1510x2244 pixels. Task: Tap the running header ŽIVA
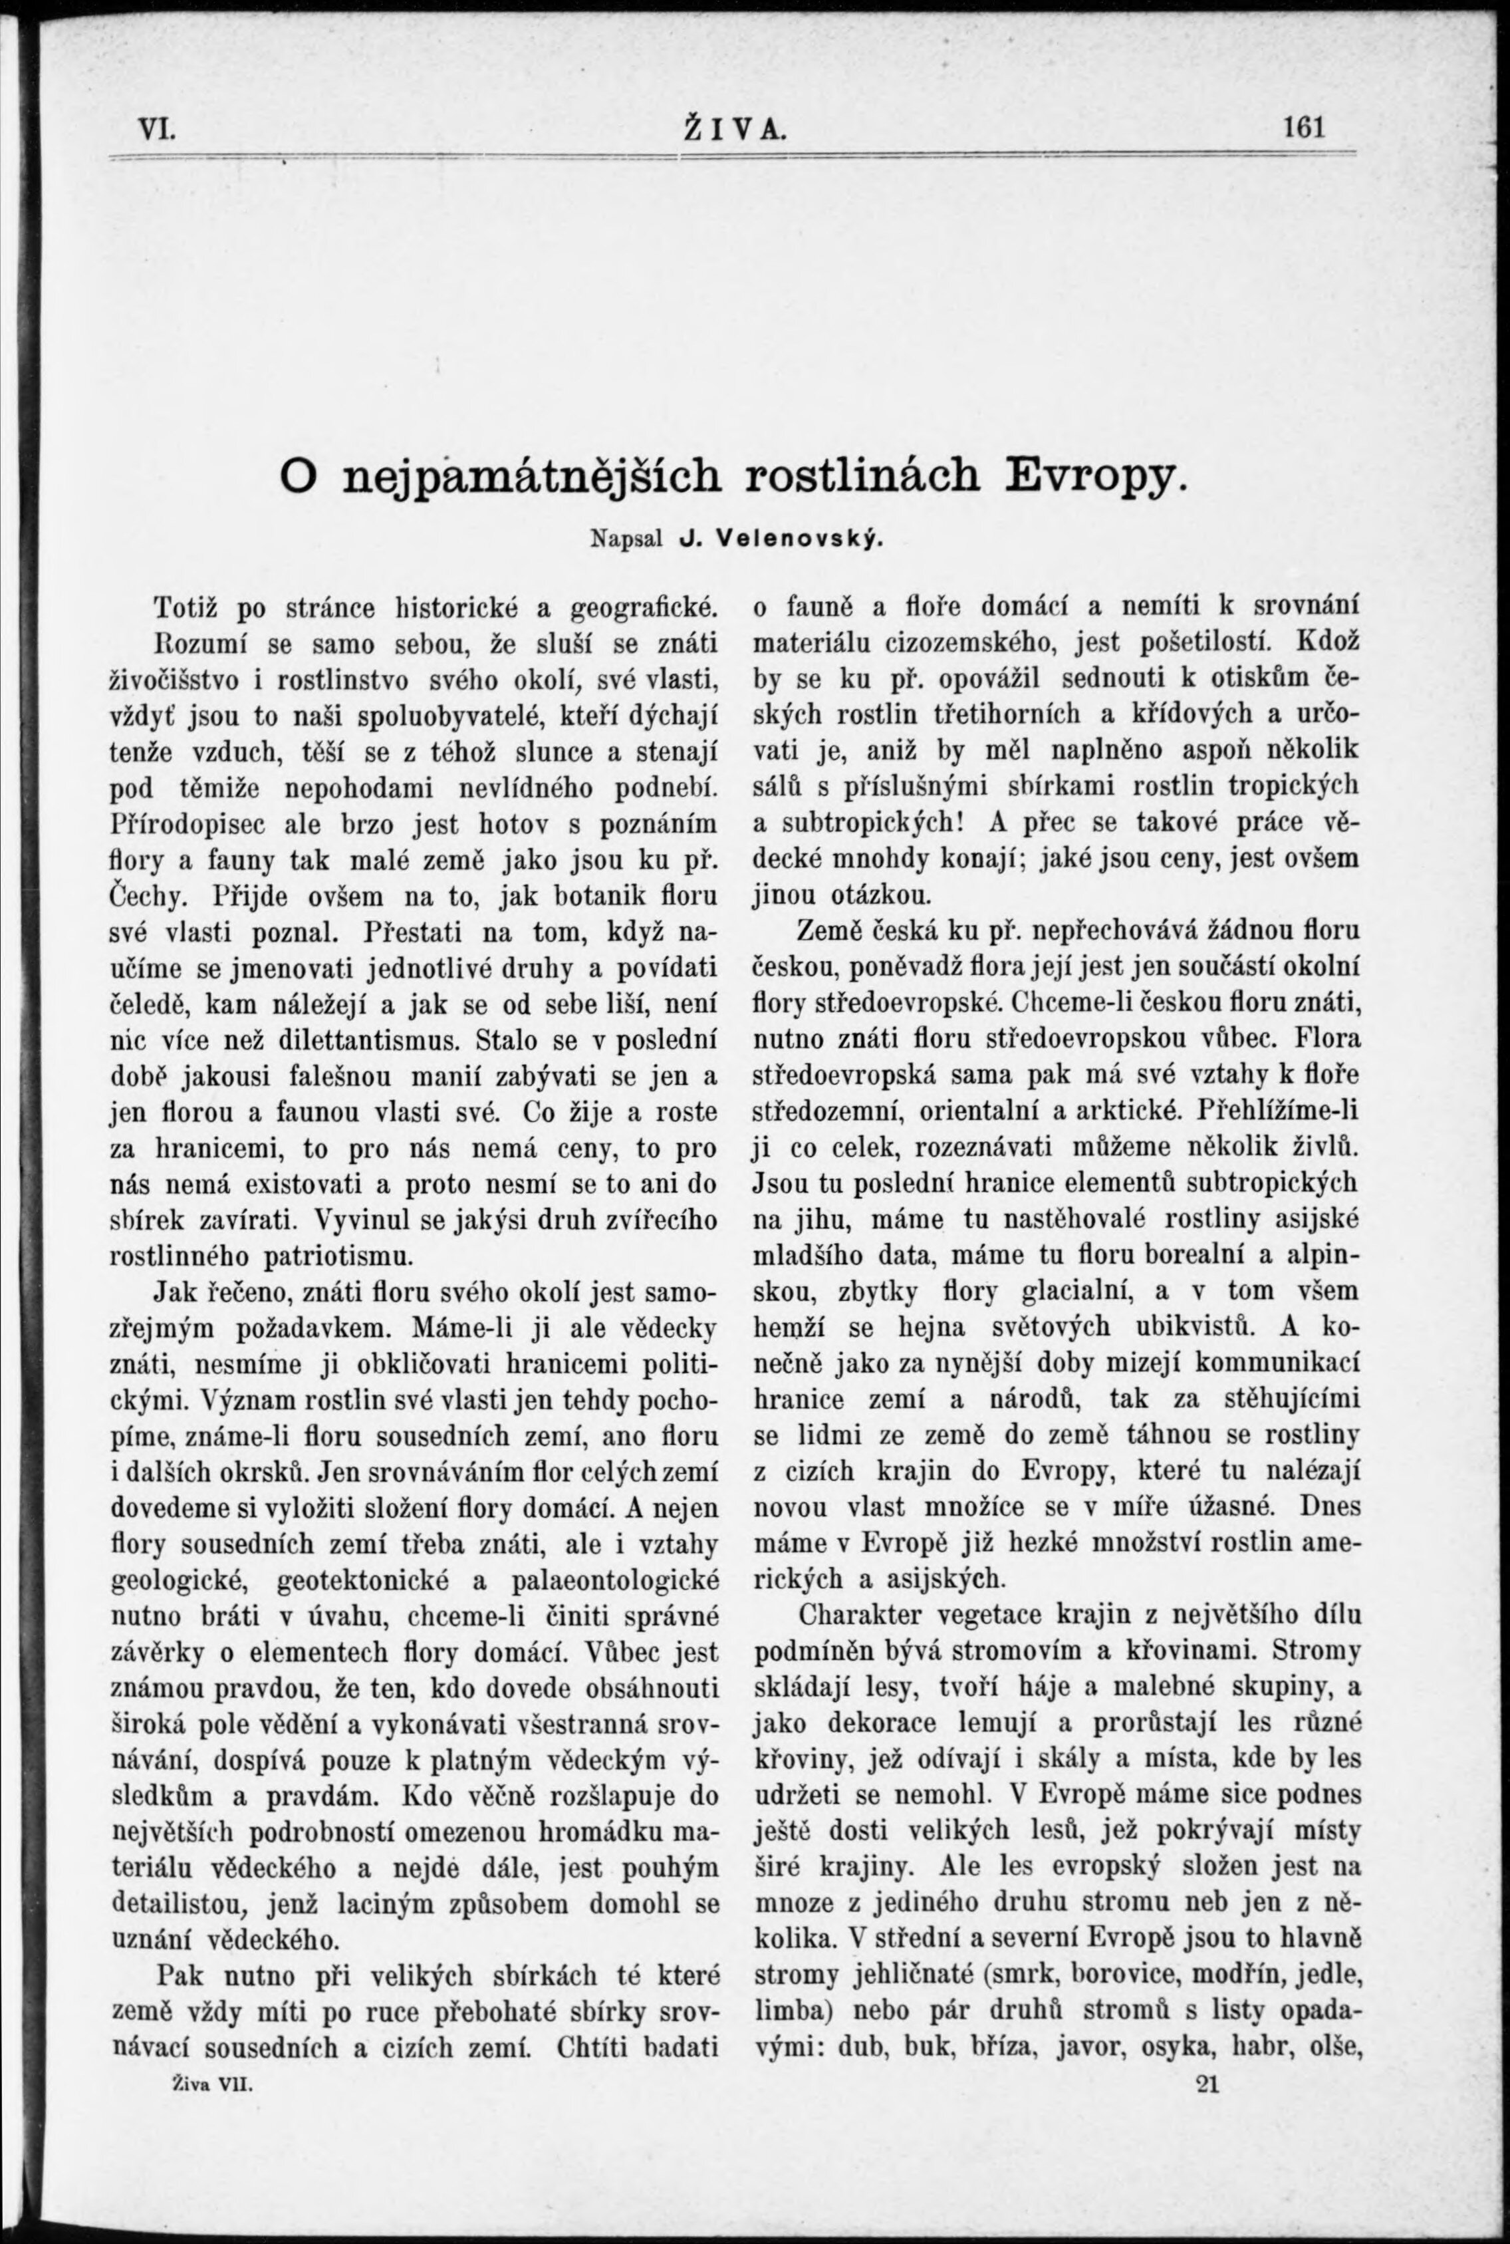pos(734,128)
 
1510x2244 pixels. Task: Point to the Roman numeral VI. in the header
pos(156,128)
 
